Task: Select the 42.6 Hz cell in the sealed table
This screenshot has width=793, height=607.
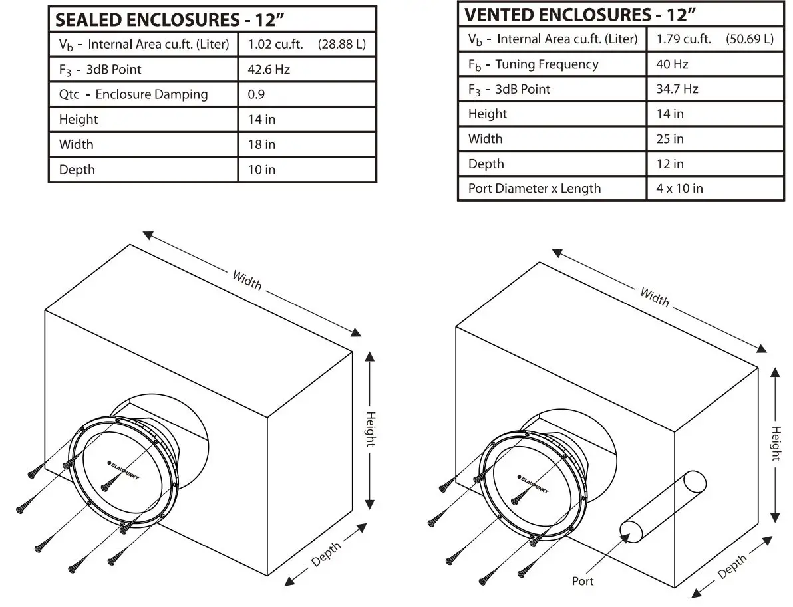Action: pyautogui.click(x=269, y=69)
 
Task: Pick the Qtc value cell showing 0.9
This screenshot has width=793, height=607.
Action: pyautogui.click(x=256, y=94)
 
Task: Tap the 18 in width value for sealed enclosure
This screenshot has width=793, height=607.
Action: pyautogui.click(x=261, y=144)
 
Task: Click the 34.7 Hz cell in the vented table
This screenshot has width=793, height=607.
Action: pyautogui.click(x=677, y=89)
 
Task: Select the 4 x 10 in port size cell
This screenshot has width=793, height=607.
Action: pyautogui.click(x=679, y=189)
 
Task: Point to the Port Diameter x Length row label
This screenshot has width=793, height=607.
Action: pyautogui.click(x=534, y=189)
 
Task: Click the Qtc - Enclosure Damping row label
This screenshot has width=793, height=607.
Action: pyautogui.click(x=133, y=94)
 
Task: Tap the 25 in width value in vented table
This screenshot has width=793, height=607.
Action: pyautogui.click(x=670, y=139)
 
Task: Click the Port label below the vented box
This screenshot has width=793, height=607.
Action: pyautogui.click(x=583, y=581)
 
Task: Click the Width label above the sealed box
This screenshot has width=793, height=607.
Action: pyautogui.click(x=247, y=279)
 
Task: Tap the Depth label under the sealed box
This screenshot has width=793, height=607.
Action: pyautogui.click(x=326, y=553)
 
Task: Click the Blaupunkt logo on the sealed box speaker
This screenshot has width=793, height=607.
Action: pyautogui.click(x=123, y=471)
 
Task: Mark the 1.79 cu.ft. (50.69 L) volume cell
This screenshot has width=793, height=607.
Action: pyautogui.click(x=714, y=39)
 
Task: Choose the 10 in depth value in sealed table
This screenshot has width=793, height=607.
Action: pyautogui.click(x=261, y=170)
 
